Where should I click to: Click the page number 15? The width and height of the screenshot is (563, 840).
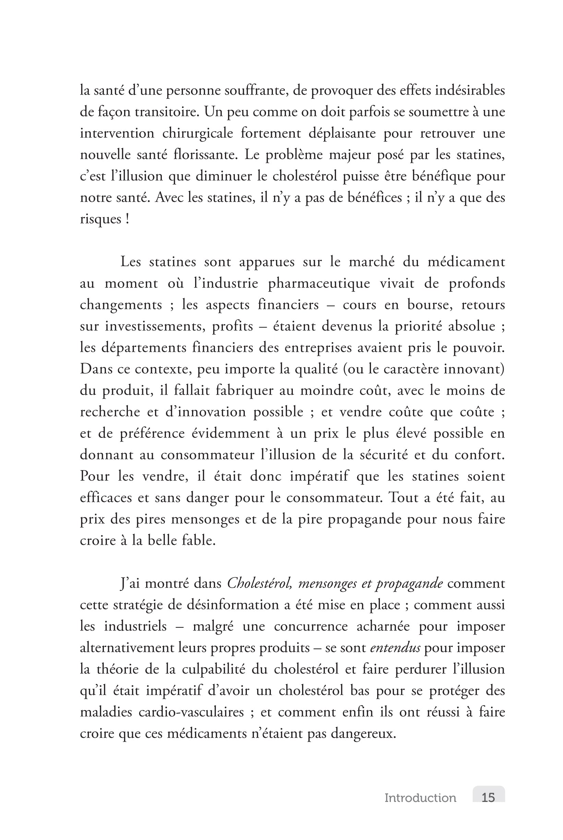[488, 797]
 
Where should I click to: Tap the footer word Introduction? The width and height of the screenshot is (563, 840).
[420, 797]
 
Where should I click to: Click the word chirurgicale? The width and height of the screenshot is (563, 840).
[197, 133]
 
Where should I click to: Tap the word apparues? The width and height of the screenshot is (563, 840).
[267, 262]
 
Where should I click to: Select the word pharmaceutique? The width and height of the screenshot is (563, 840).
[319, 283]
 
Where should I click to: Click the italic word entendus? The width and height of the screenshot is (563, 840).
[395, 648]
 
